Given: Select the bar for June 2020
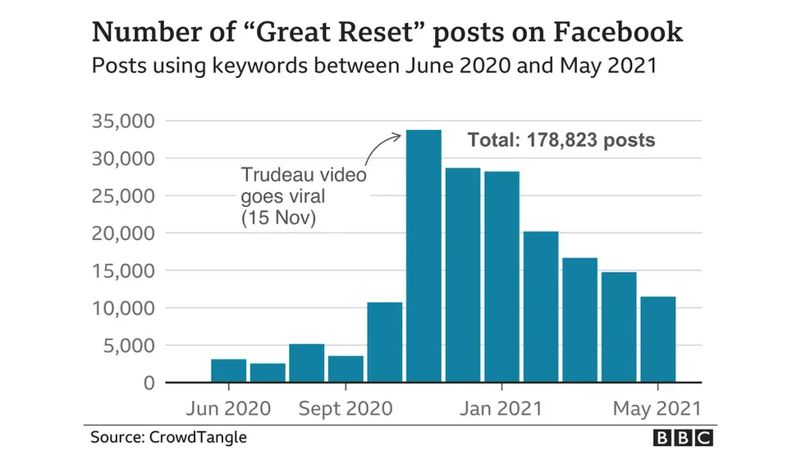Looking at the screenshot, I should point(228,370).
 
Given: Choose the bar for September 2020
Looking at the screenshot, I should point(346,369).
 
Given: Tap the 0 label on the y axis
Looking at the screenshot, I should point(147,383).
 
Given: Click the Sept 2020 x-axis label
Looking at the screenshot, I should point(346,408).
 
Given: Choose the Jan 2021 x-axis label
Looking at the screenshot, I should point(501,408).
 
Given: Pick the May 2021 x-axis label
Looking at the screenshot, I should point(659,408).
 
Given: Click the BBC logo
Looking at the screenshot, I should point(683,437).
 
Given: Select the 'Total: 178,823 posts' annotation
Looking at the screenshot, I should point(561,140).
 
